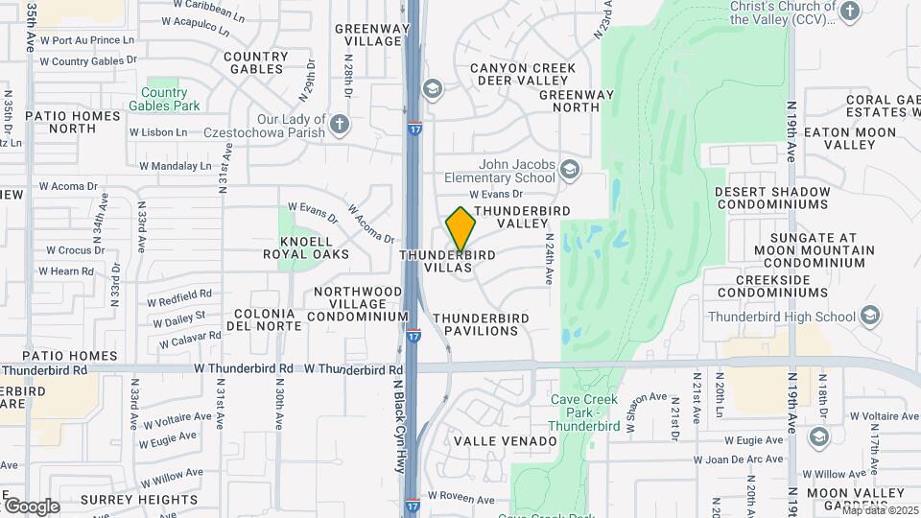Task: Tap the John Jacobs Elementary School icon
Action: tap(570, 170)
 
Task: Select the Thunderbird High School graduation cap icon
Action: tap(870, 316)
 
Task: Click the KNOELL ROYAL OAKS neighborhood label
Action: tap(307, 247)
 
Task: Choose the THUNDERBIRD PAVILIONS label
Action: tap(488, 324)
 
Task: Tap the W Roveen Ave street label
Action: tap(460, 500)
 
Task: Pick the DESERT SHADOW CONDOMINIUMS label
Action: tap(771, 198)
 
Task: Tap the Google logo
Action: tap(32, 506)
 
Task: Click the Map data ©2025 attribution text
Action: tap(880, 510)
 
